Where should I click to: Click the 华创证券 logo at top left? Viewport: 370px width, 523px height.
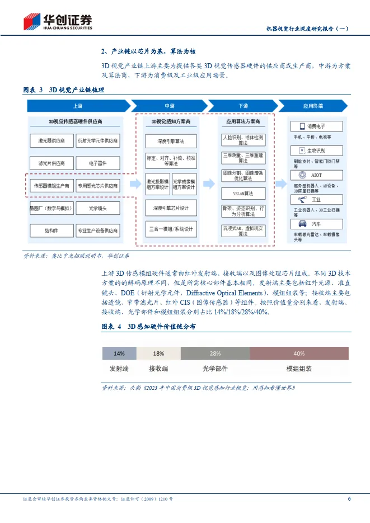point(58,21)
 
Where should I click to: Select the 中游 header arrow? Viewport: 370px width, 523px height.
point(169,106)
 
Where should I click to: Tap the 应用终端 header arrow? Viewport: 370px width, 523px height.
point(316,106)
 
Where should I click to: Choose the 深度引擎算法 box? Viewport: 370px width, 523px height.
point(170,142)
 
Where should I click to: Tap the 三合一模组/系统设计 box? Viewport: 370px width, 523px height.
point(170,229)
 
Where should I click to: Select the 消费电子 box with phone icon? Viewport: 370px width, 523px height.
point(316,126)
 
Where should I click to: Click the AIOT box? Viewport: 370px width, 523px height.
point(316,175)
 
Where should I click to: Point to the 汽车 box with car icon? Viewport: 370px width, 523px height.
point(316,223)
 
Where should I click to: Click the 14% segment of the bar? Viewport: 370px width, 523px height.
point(119,353)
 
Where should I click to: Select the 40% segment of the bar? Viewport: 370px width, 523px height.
point(299,353)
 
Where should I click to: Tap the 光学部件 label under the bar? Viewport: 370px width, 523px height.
point(215,369)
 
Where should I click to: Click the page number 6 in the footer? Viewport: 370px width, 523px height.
point(349,498)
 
